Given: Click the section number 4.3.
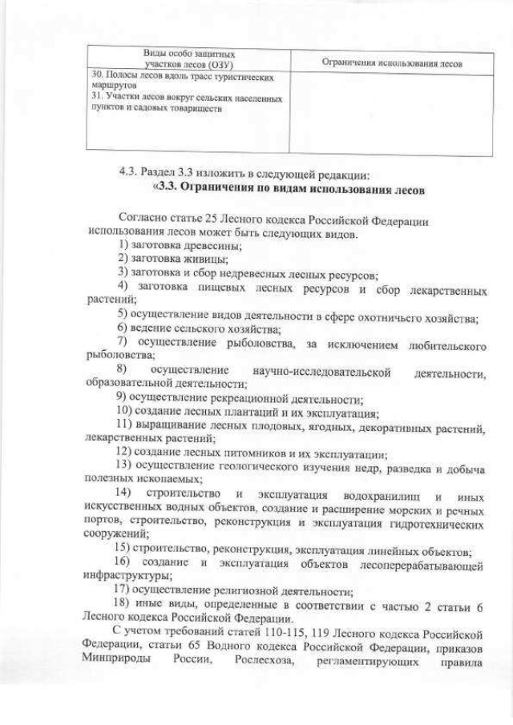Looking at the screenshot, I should coord(128,172).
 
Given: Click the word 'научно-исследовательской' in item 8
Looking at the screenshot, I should coord(321,373).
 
